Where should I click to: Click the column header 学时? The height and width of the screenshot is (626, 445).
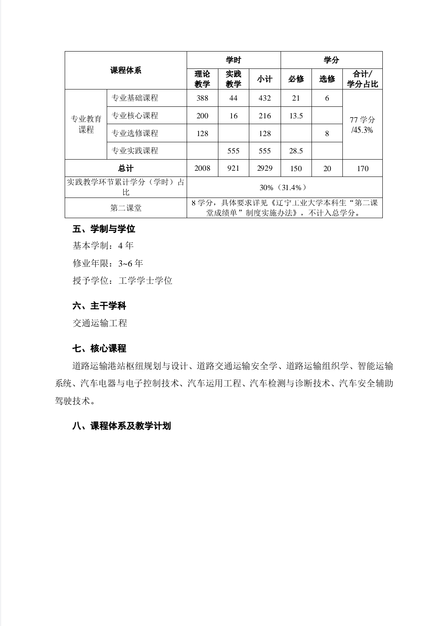pos(233,60)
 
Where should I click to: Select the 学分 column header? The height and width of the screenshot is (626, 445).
pos(331,60)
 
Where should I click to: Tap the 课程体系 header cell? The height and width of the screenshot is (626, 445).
pos(126,71)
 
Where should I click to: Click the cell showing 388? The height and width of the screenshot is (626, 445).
pos(202,98)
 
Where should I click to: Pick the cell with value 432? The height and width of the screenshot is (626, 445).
pos(265,98)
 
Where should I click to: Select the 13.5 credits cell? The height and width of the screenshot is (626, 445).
pos(296,116)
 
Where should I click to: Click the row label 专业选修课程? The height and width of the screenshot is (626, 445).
pos(135,133)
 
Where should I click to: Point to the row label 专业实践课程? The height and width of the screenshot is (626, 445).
pos(135,151)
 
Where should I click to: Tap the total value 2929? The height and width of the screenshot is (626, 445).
pos(265,168)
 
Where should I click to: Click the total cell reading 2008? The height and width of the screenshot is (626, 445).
pos(202,168)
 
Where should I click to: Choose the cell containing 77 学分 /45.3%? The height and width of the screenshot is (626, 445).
pos(363,125)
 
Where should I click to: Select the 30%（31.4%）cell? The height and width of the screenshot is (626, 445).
pos(284,188)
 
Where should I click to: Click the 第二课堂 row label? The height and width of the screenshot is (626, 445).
pos(126,208)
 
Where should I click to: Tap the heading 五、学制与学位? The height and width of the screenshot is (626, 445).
pos(104,229)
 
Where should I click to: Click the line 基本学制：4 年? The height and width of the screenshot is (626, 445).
pos(103,246)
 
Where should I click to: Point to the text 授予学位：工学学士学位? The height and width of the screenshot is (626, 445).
pos(122,281)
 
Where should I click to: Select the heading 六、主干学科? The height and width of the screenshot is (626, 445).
pos(99,306)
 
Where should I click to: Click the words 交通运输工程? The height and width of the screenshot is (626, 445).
pos(100,323)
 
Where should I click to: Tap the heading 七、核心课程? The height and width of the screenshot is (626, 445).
pos(99,348)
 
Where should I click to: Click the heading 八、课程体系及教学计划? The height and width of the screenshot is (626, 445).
pos(122,426)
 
